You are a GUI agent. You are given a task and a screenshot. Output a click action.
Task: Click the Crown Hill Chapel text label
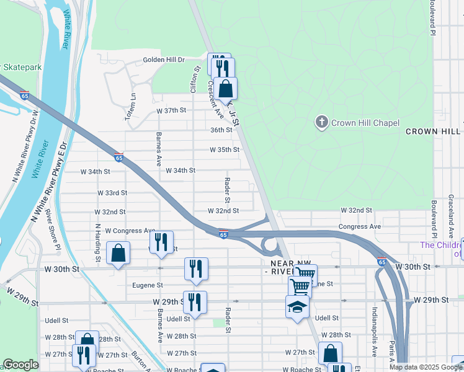tap(365, 123)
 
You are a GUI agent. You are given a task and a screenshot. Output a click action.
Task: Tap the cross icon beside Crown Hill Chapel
tap(321, 122)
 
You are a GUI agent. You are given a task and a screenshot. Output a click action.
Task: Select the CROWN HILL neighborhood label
tap(433, 131)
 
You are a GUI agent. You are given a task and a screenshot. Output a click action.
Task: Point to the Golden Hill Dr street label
tap(164, 60)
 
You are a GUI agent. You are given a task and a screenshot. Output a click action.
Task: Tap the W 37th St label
tap(172, 110)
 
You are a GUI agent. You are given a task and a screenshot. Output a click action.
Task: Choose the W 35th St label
tap(224, 150)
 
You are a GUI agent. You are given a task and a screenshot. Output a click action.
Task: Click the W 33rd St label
tap(112, 193)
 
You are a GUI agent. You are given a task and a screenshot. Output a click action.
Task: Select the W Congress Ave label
tap(130, 231)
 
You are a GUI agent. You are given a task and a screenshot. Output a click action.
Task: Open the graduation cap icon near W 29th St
tap(297, 307)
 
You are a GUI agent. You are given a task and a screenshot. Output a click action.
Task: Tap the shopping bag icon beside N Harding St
tap(117, 254)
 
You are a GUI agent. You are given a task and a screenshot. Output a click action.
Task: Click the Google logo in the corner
tap(20, 365)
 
